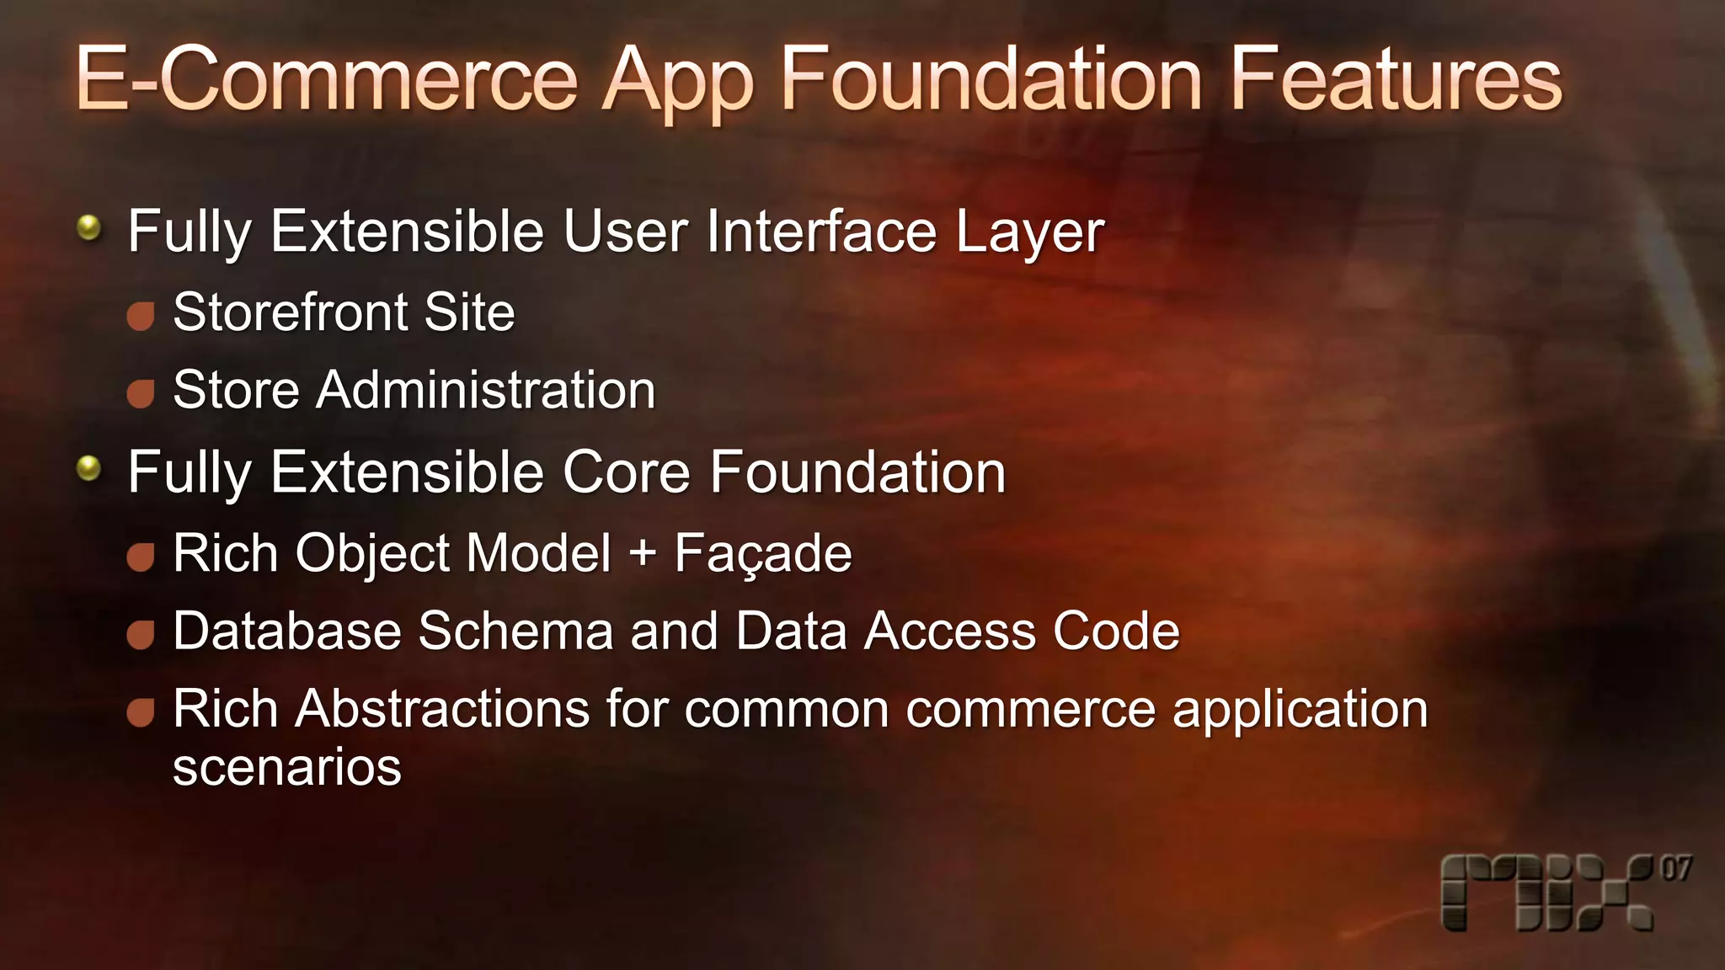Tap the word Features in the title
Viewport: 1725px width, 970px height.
pyautogui.click(x=1396, y=79)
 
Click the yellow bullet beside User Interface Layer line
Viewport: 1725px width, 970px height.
pyautogui.click(x=88, y=227)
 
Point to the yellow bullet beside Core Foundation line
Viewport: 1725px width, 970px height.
pyautogui.click(x=88, y=468)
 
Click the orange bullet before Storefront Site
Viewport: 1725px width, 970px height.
pyautogui.click(x=141, y=316)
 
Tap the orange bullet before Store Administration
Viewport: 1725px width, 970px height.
pyautogui.click(x=141, y=393)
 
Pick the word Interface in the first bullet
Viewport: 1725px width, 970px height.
pyautogui.click(x=821, y=232)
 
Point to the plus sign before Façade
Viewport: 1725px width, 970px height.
pyautogui.click(x=642, y=554)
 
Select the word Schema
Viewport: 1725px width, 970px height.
pyautogui.click(x=515, y=631)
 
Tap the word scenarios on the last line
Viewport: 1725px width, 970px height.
pyautogui.click(x=287, y=768)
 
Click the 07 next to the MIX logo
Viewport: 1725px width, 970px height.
pyautogui.click(x=1675, y=869)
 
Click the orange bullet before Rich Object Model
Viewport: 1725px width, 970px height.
pyautogui.click(x=141, y=557)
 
